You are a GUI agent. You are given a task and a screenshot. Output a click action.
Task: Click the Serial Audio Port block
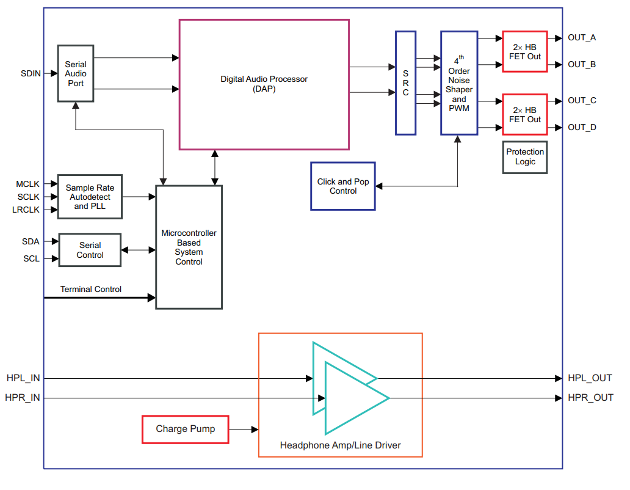point(76,73)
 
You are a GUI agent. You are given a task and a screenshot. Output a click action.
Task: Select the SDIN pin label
point(31,73)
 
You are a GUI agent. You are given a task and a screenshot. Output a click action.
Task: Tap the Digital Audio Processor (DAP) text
point(264,84)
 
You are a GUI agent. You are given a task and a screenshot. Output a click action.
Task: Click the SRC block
point(405,83)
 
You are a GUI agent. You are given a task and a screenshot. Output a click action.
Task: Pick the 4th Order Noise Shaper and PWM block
point(458,83)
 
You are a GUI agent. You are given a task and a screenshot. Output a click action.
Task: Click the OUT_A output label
point(582,37)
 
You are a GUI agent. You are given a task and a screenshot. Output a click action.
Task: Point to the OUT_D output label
point(582,127)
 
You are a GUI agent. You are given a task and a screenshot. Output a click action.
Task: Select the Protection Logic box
point(524,157)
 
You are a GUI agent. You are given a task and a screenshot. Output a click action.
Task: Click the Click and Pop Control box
point(342,186)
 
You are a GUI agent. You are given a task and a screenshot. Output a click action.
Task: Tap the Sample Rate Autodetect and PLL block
point(90,197)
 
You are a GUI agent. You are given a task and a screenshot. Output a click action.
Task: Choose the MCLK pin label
point(28,184)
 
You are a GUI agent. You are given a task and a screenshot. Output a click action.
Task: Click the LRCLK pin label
point(26,210)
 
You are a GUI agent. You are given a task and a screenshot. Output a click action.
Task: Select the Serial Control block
point(90,250)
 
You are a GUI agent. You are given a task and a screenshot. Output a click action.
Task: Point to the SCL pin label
point(31,258)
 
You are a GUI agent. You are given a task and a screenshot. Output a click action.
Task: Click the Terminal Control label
point(90,289)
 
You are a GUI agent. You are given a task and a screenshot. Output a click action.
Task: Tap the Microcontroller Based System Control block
point(189,247)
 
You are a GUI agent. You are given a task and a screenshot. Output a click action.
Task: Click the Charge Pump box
point(185,429)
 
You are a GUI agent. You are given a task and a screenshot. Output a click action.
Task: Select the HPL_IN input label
point(23,378)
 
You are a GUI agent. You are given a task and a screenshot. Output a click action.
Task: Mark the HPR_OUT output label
point(590,398)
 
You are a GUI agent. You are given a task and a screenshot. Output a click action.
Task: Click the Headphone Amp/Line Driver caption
point(340,445)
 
